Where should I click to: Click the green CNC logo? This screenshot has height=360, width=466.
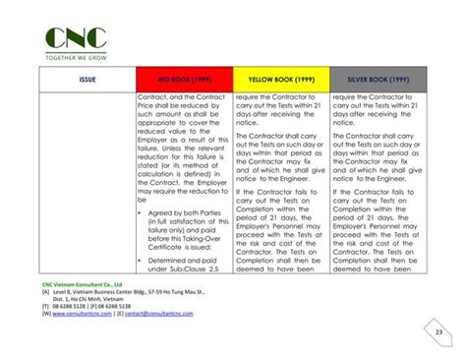point(79,38)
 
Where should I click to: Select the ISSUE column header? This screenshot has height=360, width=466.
point(87,80)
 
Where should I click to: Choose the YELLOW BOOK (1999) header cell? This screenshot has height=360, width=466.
point(280,80)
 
